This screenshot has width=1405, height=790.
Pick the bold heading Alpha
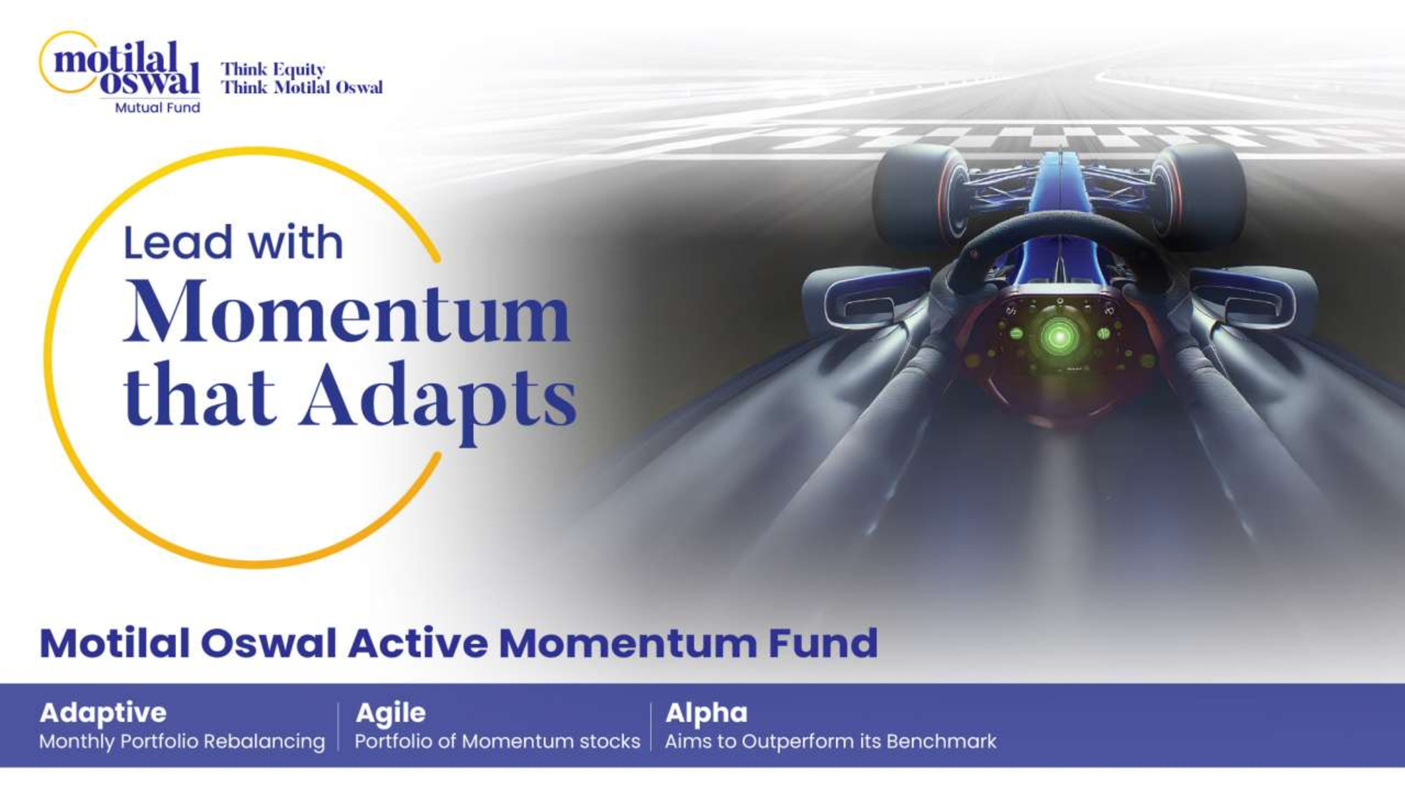pos(706,713)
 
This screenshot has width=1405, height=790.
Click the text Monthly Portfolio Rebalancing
pos(182,742)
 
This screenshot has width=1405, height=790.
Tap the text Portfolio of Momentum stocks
pos(497,742)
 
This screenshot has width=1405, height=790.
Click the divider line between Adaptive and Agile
pos(338,727)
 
